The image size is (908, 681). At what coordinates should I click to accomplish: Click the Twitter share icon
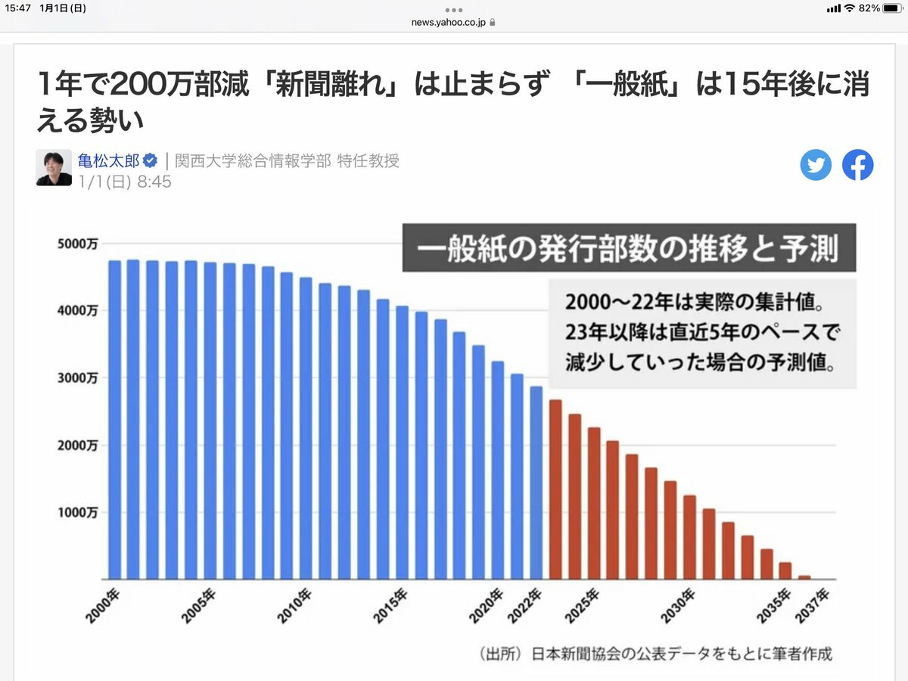[x=816, y=165]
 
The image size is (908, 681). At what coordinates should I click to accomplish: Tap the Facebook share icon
[x=858, y=165]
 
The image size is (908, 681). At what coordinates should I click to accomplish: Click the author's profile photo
[x=54, y=167]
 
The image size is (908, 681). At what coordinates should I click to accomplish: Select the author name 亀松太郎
[x=108, y=160]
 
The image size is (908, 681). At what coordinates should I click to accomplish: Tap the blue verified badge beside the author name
[x=151, y=160]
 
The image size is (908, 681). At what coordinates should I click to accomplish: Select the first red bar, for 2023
[x=555, y=489]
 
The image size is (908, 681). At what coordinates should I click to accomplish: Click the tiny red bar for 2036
[x=804, y=577]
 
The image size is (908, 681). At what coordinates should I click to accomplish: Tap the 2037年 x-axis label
[x=813, y=602]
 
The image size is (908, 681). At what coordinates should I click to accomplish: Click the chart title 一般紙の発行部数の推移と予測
[x=628, y=247]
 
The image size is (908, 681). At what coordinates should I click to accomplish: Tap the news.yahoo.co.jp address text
[x=449, y=22]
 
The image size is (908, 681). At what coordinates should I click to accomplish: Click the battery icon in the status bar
[x=894, y=8]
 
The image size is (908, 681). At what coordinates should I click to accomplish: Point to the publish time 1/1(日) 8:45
[x=125, y=182]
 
